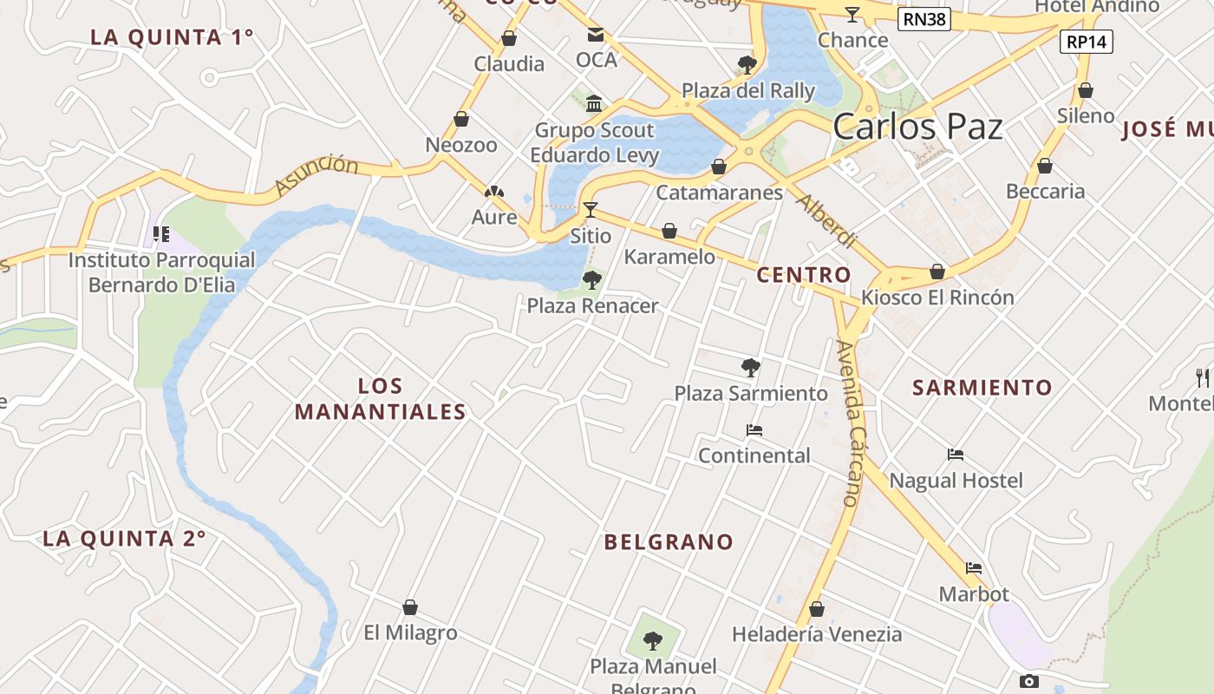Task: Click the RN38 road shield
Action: pos(924,19)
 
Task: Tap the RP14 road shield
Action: pos(1087,41)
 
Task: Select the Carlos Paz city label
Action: pos(917,128)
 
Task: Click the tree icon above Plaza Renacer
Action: pos(592,279)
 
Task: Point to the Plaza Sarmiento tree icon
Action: pos(751,367)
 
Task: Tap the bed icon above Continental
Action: pos(754,430)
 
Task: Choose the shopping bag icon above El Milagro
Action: pos(410,607)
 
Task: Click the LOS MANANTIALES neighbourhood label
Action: pos(381,399)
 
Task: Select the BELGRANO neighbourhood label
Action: pos(669,542)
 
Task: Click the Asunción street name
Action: pos(316,175)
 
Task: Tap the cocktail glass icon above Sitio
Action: pos(591,209)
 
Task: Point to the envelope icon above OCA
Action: pos(596,35)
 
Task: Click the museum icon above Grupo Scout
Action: pos(594,104)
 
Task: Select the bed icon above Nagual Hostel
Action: pos(956,455)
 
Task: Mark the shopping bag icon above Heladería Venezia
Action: pos(816,609)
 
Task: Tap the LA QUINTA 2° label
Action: pos(124,539)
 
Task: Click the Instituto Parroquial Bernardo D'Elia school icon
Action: pos(160,233)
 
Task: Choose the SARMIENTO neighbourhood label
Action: pos(982,388)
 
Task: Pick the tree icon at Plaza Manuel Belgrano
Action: pos(653,641)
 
